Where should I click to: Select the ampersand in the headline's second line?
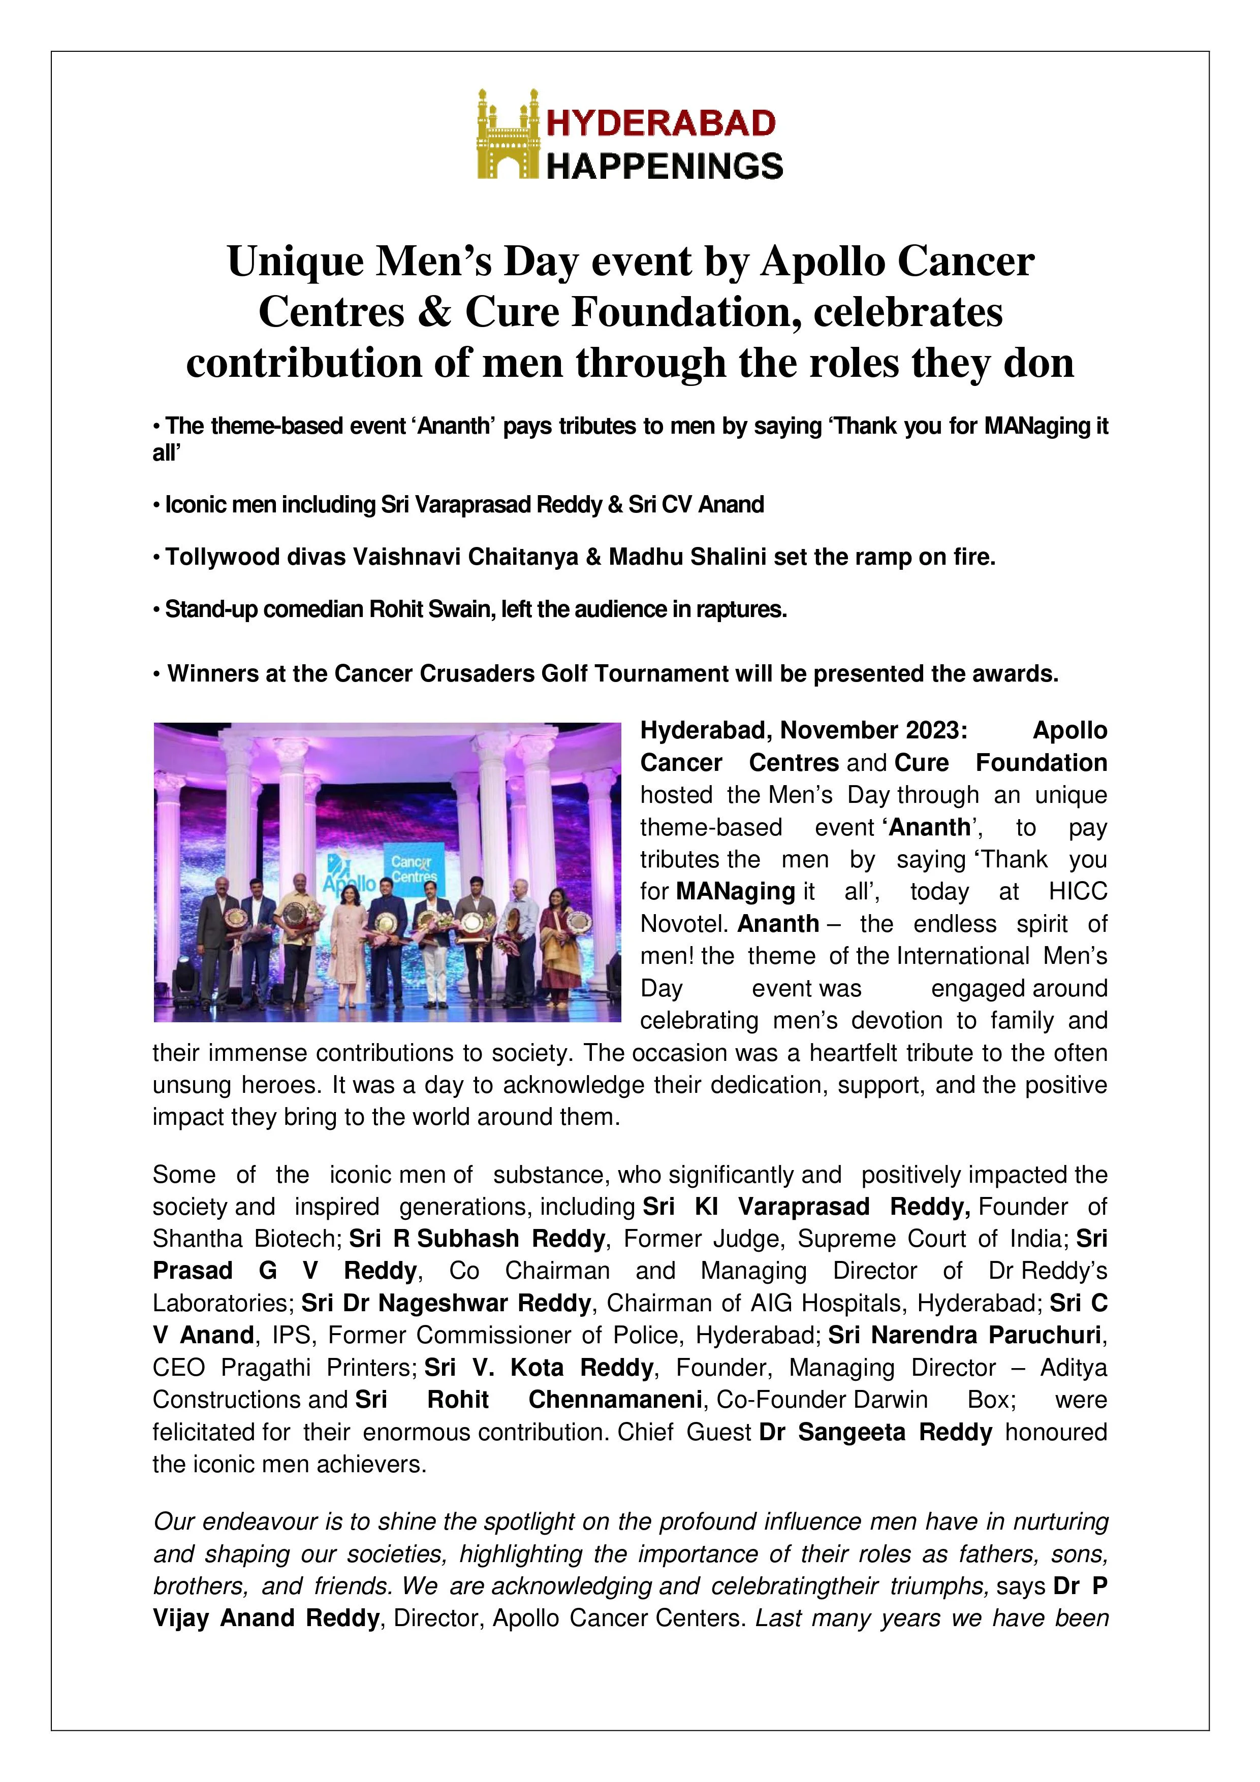(x=437, y=312)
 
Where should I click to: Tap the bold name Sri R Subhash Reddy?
(x=477, y=1238)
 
